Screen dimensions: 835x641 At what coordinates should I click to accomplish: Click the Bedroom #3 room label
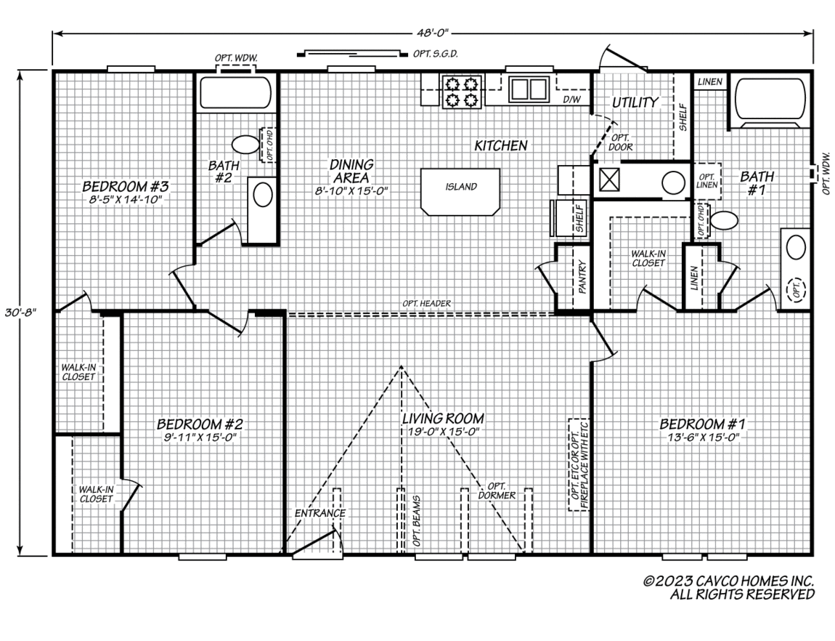pos(126,187)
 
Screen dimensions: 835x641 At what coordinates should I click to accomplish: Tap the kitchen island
pos(460,192)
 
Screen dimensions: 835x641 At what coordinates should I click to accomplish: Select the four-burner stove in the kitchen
pos(460,91)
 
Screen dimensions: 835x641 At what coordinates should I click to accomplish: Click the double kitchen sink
pos(529,89)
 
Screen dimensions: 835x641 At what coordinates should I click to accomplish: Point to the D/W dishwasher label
pos(571,100)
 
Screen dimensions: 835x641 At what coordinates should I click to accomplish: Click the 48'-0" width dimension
pos(433,33)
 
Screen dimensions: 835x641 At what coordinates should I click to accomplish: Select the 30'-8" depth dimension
pos(20,313)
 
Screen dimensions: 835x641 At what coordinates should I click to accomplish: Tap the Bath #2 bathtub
pos(235,93)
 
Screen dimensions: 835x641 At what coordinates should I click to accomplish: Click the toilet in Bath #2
pos(245,145)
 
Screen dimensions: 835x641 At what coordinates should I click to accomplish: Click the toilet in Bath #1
pos(724,219)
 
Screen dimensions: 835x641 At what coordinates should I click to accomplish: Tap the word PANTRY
pos(582,277)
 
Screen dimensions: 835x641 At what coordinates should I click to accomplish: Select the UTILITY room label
pos(635,102)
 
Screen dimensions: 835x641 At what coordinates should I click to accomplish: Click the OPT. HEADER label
pos(426,303)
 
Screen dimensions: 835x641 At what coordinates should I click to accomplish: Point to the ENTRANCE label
pos(320,513)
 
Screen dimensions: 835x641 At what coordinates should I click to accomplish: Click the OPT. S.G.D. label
pos(436,54)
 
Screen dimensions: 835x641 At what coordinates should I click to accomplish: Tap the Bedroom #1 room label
pos(702,424)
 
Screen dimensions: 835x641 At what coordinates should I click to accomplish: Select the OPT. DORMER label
pos(497,491)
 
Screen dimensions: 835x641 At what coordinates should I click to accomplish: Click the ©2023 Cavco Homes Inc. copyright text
pos(728,581)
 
